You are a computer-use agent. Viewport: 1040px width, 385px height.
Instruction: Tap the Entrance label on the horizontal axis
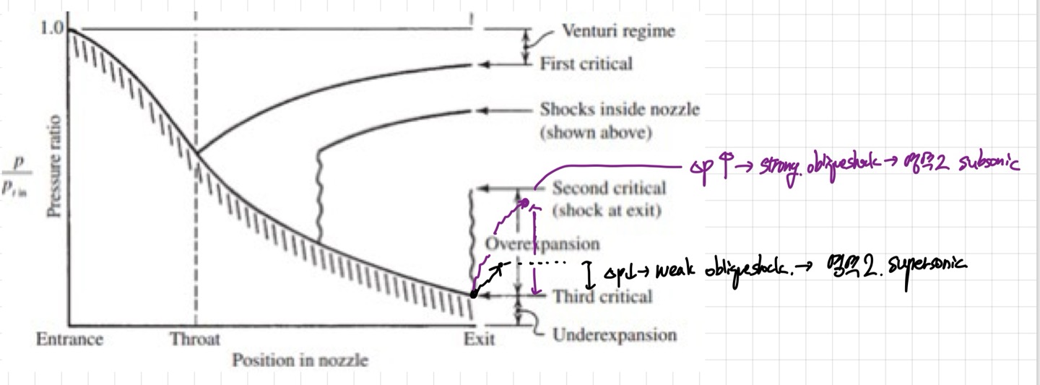point(69,339)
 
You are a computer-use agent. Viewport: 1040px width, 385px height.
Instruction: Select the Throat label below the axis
point(195,339)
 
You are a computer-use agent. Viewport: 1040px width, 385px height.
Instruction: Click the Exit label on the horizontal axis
point(479,339)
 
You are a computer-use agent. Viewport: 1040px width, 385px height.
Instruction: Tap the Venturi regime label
point(619,31)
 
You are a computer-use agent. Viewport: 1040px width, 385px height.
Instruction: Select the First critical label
point(586,64)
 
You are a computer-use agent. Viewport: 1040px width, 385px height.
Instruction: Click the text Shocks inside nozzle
point(620,110)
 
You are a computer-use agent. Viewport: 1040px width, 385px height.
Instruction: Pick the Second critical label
point(609,189)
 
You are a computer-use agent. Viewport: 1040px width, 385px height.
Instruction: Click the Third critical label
point(602,296)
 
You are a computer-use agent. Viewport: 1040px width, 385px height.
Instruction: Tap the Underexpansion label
point(615,335)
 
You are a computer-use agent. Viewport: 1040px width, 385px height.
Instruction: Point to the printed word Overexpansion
point(542,243)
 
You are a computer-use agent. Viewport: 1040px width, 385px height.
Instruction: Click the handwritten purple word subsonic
point(989,165)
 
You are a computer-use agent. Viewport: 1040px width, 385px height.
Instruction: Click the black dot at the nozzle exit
point(472,294)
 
